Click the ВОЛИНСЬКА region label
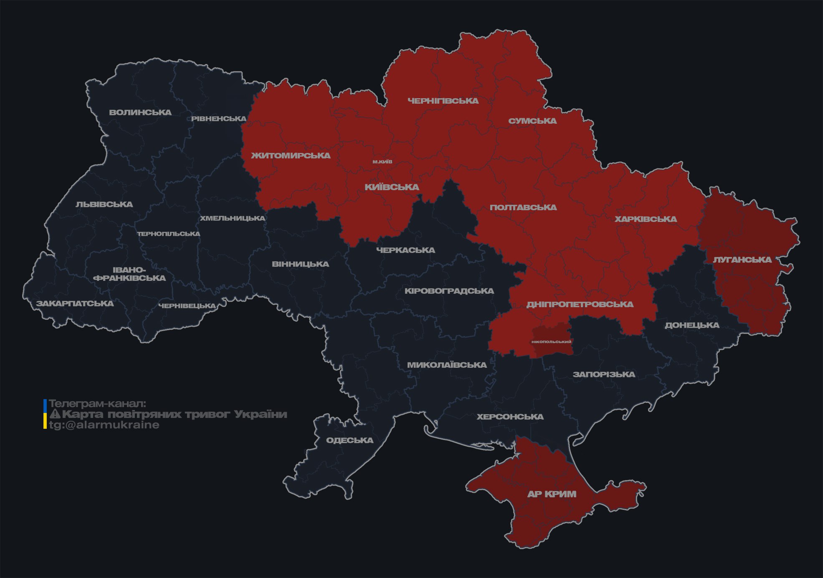(x=140, y=112)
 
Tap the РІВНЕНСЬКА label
(x=219, y=119)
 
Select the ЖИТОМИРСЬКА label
(x=291, y=155)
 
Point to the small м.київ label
(x=382, y=162)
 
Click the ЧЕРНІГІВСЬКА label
(x=443, y=101)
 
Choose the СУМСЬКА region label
(x=532, y=121)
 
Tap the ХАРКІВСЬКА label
(x=646, y=219)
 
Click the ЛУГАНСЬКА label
(x=742, y=260)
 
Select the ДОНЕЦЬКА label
(x=692, y=325)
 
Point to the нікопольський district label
(x=551, y=341)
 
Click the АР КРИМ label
(x=552, y=494)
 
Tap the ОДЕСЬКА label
(x=349, y=440)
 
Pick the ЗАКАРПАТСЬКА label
(x=75, y=303)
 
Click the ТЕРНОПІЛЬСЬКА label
(x=169, y=234)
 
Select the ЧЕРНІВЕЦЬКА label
(x=187, y=306)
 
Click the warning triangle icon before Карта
(x=55, y=414)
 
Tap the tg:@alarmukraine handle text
(x=104, y=425)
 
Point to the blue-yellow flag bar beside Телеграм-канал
(x=45, y=414)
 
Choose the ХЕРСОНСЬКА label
(x=510, y=417)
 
